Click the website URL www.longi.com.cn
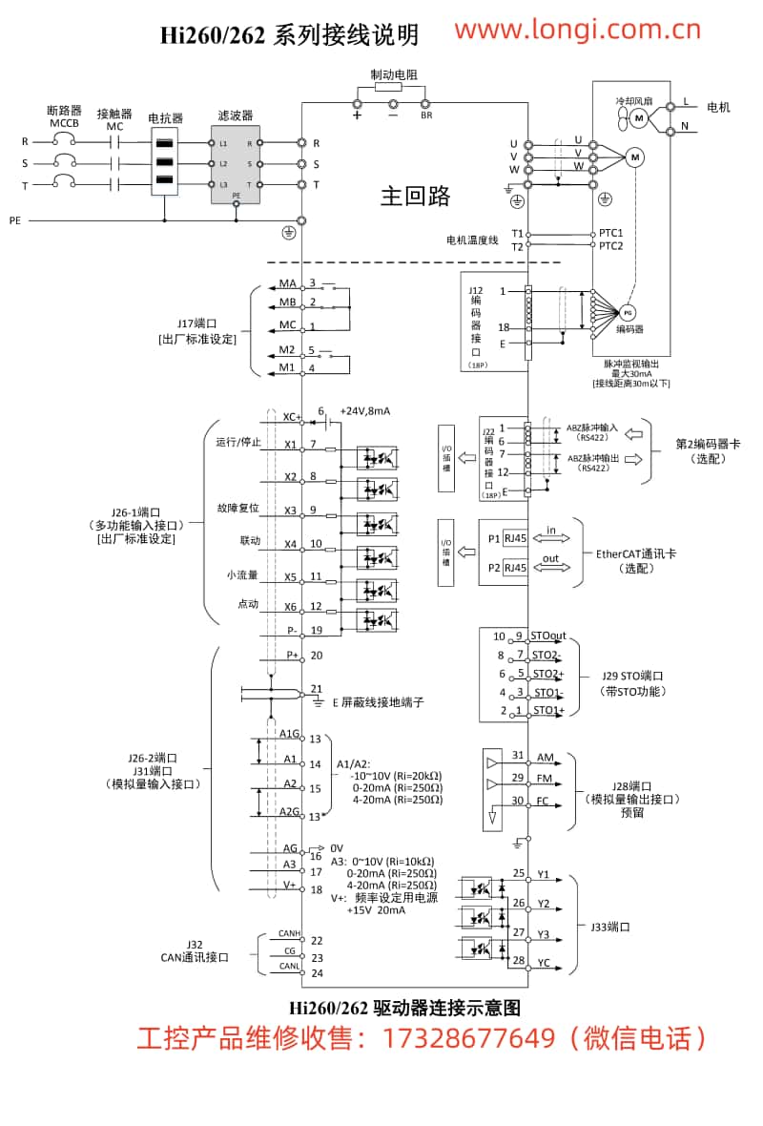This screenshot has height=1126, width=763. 577,31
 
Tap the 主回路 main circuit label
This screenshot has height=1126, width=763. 415,197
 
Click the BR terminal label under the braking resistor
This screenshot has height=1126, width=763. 426,116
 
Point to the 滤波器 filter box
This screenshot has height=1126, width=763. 236,164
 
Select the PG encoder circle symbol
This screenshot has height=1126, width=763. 627,312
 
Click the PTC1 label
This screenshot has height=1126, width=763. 610,233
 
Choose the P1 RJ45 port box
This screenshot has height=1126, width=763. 515,538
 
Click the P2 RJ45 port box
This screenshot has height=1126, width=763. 515,568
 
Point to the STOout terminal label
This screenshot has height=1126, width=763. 548,636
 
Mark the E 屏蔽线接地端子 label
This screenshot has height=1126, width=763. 378,702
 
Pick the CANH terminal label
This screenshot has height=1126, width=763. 289,933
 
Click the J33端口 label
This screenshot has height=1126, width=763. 610,927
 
